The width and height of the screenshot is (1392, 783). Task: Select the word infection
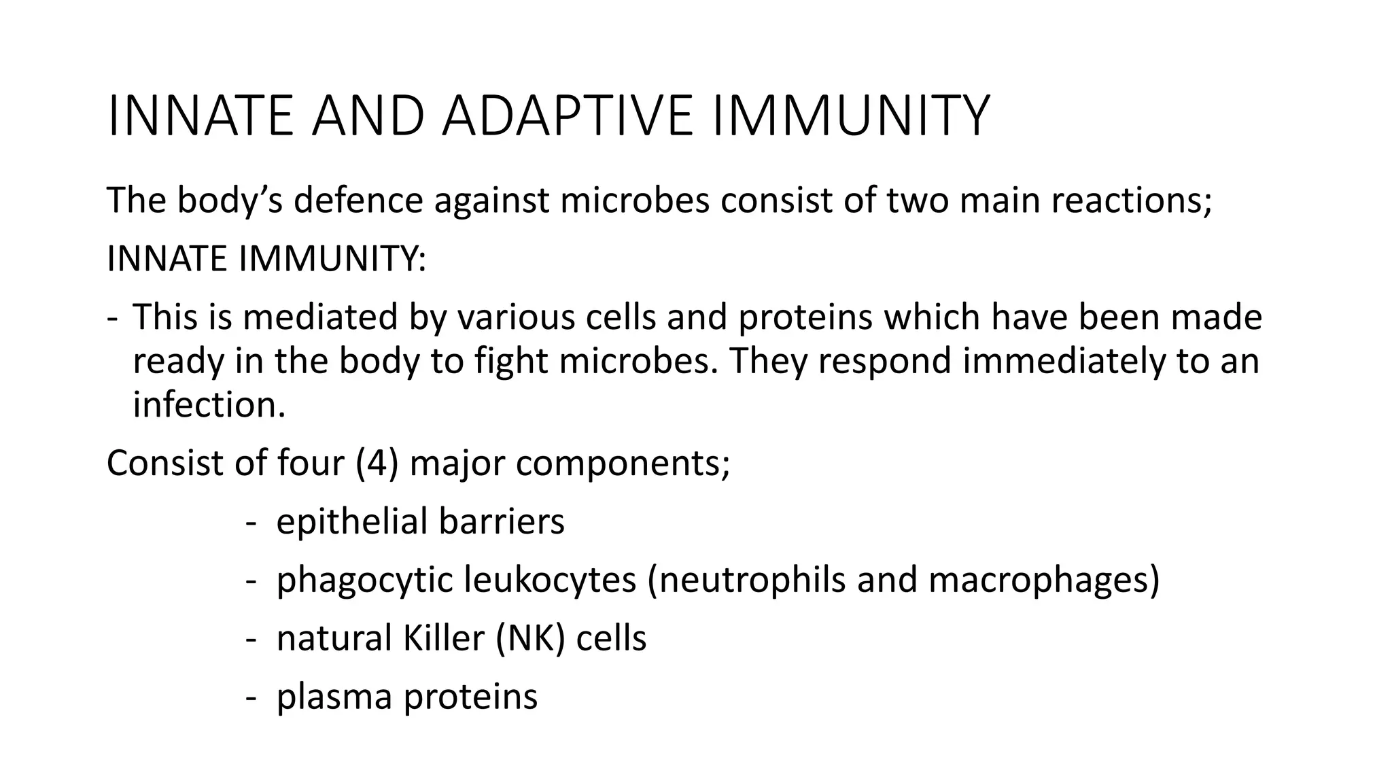(209, 405)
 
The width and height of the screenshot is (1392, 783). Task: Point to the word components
(623, 464)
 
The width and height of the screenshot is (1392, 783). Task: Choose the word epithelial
(351, 522)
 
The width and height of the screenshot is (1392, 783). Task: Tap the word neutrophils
(747, 580)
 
